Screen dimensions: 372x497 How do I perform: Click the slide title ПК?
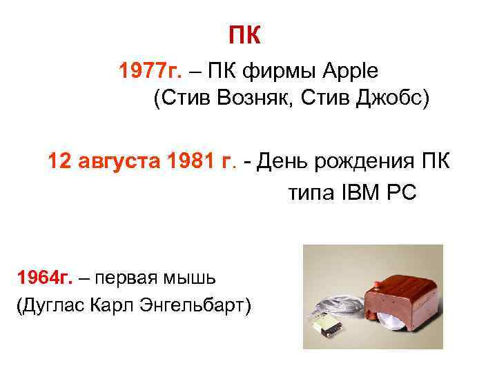pos(245,35)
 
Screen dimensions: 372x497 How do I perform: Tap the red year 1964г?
pos(45,278)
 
